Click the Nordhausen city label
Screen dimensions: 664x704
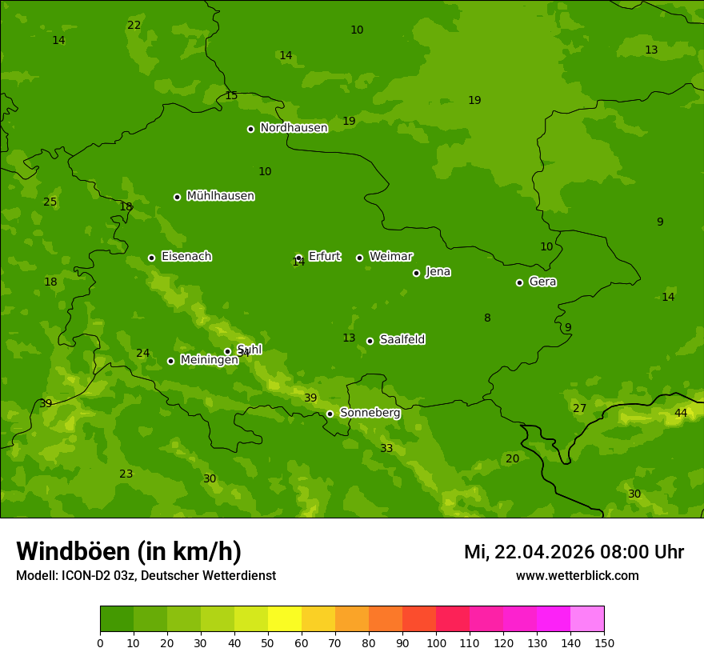pyautogui.click(x=294, y=128)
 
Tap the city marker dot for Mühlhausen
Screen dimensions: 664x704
pyautogui.click(x=177, y=197)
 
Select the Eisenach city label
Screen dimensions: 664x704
pyautogui.click(x=186, y=257)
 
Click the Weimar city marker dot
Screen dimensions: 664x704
pyautogui.click(x=359, y=258)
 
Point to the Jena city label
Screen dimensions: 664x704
pyautogui.click(x=438, y=272)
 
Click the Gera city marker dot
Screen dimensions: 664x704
pyautogui.click(x=519, y=282)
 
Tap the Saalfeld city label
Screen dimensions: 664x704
pyautogui.click(x=402, y=340)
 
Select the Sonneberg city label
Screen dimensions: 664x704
pyautogui.click(x=370, y=413)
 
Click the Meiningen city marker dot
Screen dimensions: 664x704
pyautogui.click(x=170, y=361)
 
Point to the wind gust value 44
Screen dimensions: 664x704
pyautogui.click(x=681, y=414)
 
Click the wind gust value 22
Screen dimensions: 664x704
pyautogui.click(x=134, y=26)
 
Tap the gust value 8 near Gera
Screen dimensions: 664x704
pyautogui.click(x=487, y=318)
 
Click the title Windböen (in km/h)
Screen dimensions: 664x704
pyautogui.click(x=129, y=551)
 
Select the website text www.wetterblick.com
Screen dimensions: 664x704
pyautogui.click(x=577, y=576)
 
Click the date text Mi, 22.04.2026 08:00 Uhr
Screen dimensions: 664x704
pyautogui.click(x=574, y=552)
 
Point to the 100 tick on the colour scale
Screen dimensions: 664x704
pyautogui.click(x=436, y=642)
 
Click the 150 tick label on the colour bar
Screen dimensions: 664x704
pyautogui.click(x=604, y=642)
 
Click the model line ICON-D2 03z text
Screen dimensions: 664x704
pyautogui.click(x=146, y=576)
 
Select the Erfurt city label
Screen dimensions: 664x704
pyautogui.click(x=324, y=257)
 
